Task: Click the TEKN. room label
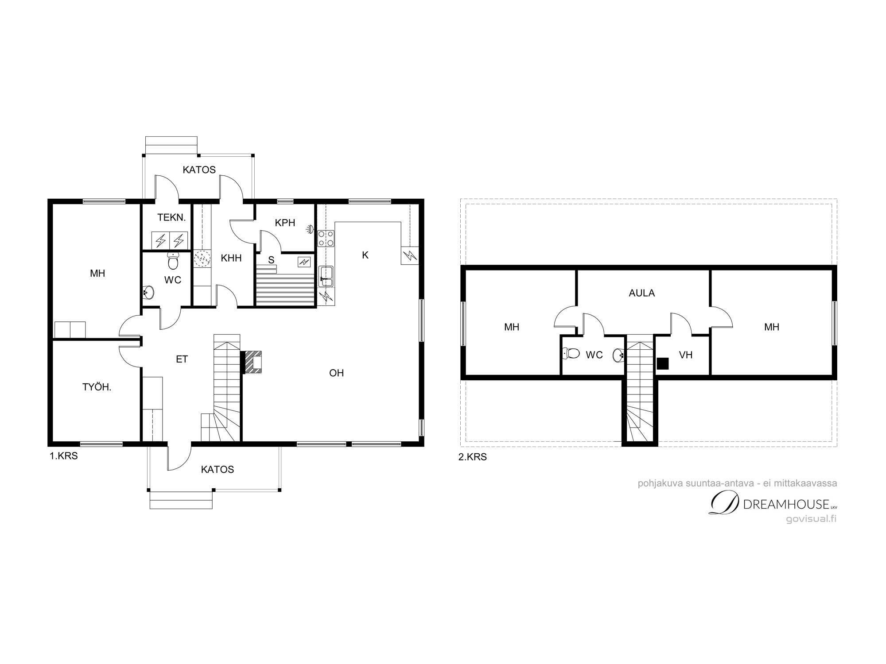(171, 217)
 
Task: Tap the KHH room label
(231, 258)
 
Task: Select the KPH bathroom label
(285, 223)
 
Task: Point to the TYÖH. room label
(97, 387)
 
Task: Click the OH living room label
(337, 373)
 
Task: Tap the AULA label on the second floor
(642, 293)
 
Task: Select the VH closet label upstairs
(686, 355)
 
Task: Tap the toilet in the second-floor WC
(571, 353)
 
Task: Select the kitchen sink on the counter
(326, 277)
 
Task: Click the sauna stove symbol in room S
(304, 262)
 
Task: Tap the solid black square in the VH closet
(662, 363)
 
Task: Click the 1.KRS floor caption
(64, 456)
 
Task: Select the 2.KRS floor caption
(473, 457)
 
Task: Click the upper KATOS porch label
(199, 170)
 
